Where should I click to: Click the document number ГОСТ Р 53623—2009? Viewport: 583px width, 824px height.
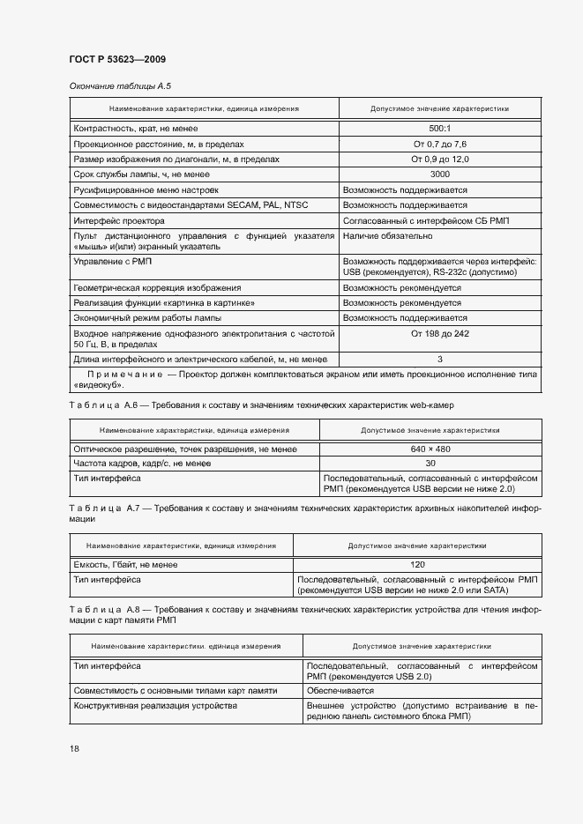pos(118,59)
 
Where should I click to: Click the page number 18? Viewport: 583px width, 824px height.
pos(74,748)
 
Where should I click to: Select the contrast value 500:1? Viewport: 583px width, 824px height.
pos(439,129)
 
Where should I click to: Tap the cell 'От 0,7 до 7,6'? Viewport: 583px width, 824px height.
pos(439,144)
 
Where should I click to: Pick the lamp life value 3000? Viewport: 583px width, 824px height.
pos(439,174)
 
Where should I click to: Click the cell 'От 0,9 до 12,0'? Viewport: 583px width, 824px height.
pos(439,160)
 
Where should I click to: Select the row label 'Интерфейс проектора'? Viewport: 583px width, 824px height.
pos(118,220)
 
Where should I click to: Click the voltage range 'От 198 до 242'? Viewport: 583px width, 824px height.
pos(439,334)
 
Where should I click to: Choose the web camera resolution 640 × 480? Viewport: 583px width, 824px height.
pos(430,449)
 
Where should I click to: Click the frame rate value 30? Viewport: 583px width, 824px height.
pos(430,464)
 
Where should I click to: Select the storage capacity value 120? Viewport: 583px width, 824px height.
pos(417,564)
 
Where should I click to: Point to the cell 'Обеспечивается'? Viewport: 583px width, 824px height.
pos(340,691)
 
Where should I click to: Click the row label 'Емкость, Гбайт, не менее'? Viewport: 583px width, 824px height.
pos(126,564)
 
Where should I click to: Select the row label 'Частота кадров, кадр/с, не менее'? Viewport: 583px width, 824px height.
pos(142,464)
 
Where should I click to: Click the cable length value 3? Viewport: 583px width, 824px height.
pos(439,360)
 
